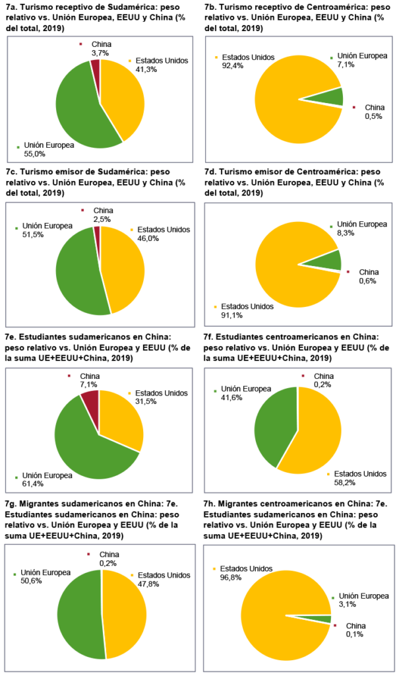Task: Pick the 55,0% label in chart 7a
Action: pyautogui.click(x=35, y=154)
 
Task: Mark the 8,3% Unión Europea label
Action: pyautogui.click(x=345, y=234)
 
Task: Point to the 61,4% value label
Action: pyautogui.click(x=35, y=485)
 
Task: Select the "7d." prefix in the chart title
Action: pyautogui.click(x=212, y=170)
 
